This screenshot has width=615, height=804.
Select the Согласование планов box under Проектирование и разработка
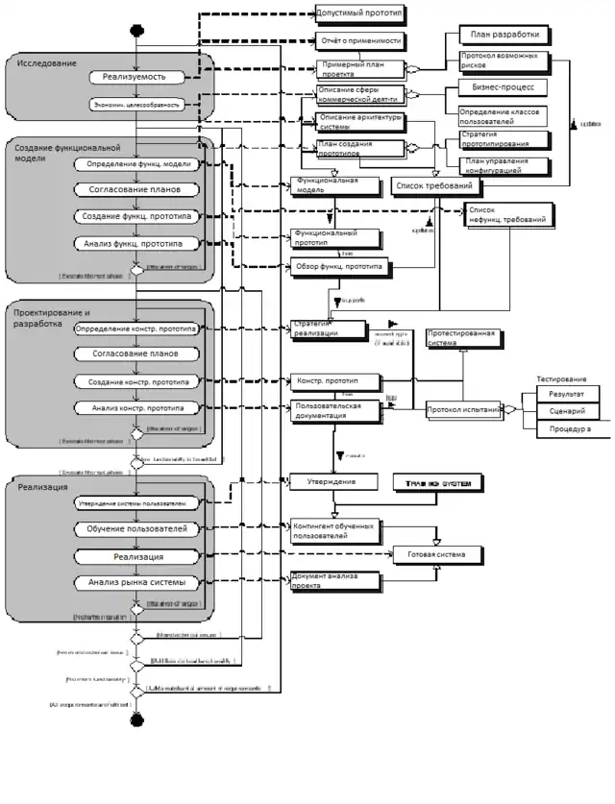coord(140,353)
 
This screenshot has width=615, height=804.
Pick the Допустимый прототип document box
coord(358,14)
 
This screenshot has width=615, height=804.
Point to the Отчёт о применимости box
coord(358,42)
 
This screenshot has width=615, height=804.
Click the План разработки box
coord(504,36)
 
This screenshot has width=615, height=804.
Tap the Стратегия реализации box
coord(328,329)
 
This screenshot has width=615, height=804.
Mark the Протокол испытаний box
coord(463,410)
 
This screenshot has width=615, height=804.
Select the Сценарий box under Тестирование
coord(567,411)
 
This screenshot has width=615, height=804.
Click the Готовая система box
coord(436,555)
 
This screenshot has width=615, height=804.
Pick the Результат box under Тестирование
coord(567,393)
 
